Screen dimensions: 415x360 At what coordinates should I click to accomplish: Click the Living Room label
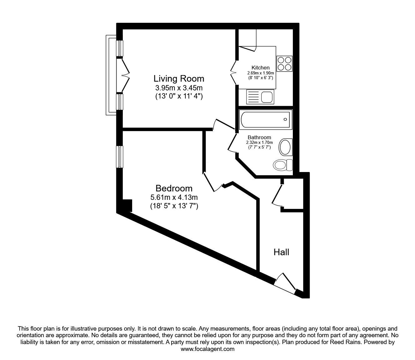(179, 79)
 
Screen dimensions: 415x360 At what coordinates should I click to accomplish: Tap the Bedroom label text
(174, 188)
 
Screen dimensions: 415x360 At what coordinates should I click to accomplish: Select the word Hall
(281, 252)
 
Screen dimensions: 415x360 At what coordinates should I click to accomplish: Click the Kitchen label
(260, 68)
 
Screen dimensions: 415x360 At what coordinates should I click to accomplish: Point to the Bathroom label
(259, 137)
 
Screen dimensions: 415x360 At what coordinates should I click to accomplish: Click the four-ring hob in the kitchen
(284, 64)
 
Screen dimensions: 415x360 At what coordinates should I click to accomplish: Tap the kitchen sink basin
(267, 97)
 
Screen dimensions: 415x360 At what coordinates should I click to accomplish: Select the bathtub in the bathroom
(266, 119)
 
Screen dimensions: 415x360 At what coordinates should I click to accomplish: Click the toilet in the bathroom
(283, 165)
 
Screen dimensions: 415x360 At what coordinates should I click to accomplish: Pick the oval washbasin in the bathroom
(285, 147)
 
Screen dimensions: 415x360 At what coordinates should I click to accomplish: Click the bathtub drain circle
(285, 119)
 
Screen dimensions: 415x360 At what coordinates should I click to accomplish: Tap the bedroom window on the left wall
(120, 157)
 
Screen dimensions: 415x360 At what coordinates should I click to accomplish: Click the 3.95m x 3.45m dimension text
(179, 88)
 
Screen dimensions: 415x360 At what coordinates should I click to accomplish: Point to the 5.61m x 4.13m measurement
(174, 197)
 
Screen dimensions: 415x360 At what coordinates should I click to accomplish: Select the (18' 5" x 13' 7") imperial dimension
(174, 206)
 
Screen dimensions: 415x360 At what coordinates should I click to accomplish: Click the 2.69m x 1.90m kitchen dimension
(260, 73)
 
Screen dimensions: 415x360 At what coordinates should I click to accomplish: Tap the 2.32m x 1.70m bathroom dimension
(259, 143)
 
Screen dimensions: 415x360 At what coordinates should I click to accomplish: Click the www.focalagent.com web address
(207, 349)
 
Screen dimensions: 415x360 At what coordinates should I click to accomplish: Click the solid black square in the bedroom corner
(127, 205)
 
